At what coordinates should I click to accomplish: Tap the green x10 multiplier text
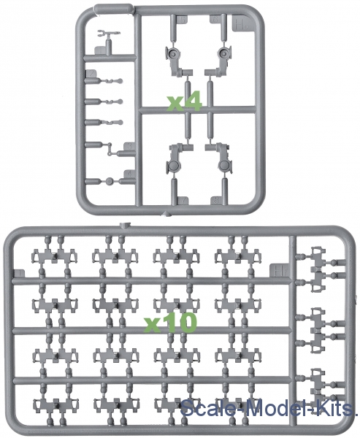point(170,323)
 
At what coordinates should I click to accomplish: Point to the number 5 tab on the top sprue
point(182,20)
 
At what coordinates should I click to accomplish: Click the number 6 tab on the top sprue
point(215,20)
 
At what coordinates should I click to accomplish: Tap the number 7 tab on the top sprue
point(183,201)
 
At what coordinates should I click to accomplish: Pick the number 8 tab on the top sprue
point(215,201)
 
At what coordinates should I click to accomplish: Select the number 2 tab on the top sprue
point(91,74)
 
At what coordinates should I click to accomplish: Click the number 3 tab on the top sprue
point(129,147)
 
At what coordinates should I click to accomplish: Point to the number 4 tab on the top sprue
point(129,174)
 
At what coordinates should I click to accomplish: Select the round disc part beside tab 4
point(110,181)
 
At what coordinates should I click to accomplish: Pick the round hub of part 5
point(172,53)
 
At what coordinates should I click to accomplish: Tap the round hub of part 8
point(224,166)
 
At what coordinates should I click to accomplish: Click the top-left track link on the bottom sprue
point(54,256)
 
